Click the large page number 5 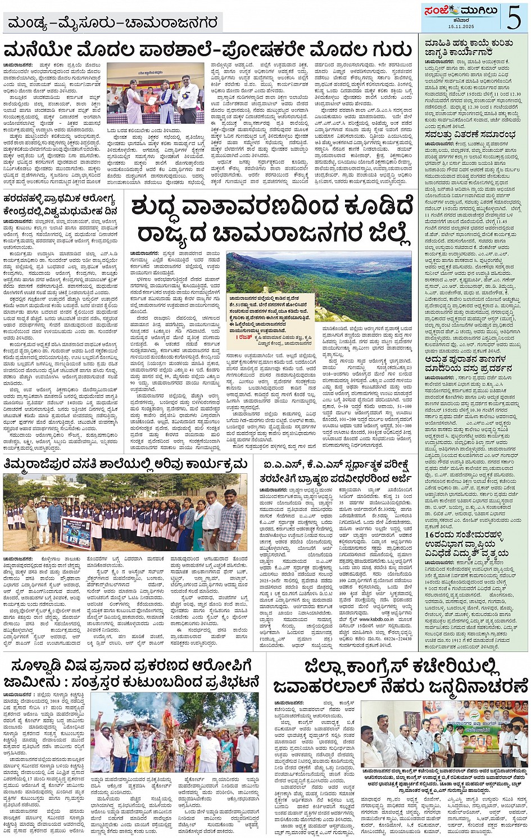(x=513, y=17)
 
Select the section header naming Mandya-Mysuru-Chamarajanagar (x=112, y=23)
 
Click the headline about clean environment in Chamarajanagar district (x=272, y=219)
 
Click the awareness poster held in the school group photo (x=75, y=530)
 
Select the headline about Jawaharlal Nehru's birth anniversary (x=400, y=677)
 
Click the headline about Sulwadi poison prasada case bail (x=132, y=674)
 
